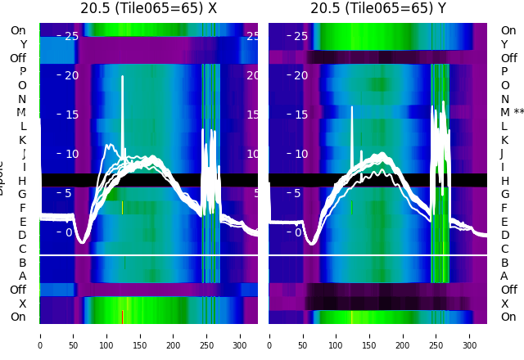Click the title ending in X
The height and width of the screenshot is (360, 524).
(x=148, y=8)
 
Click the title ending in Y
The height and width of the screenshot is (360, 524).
(x=377, y=8)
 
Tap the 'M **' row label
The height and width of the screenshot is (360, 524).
(x=512, y=112)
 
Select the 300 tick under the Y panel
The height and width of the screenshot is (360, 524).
(x=470, y=335)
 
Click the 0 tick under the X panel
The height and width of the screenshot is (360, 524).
(x=40, y=335)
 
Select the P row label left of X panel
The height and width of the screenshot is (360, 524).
(x=22, y=71)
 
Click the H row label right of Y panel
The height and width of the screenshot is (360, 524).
(x=505, y=181)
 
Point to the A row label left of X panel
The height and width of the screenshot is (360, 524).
(x=22, y=276)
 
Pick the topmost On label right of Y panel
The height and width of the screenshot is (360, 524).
(x=508, y=30)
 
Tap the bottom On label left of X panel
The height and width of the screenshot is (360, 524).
(x=18, y=317)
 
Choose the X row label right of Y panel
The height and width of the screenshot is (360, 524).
(x=505, y=304)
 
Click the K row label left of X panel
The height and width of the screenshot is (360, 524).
(x=22, y=140)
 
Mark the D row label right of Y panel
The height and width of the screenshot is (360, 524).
(x=505, y=235)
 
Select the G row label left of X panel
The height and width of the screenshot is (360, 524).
(x=22, y=194)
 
